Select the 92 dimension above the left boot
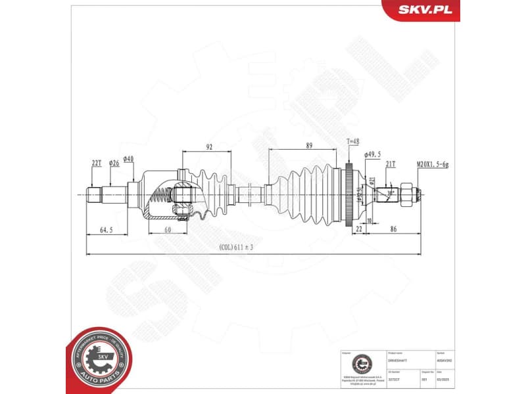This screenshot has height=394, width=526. coord(209,146)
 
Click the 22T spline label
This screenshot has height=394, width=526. coord(96,162)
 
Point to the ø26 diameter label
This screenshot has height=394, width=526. coord(114,162)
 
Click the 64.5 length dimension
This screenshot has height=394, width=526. coord(107,230)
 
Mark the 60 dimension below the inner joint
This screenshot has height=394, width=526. coord(168,230)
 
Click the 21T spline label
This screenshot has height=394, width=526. coord(391,166)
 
